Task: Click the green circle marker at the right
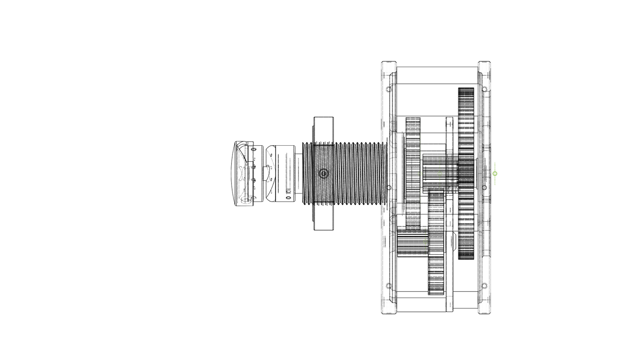click(495, 174)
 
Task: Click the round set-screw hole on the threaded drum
click(323, 174)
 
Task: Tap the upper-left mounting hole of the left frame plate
click(389, 89)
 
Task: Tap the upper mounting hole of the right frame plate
click(484, 89)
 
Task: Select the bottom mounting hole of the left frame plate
click(389, 286)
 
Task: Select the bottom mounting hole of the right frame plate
click(484, 286)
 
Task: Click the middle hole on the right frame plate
click(484, 188)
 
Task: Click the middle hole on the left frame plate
click(389, 188)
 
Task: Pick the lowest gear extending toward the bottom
click(436, 266)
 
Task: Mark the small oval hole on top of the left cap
click(253, 149)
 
